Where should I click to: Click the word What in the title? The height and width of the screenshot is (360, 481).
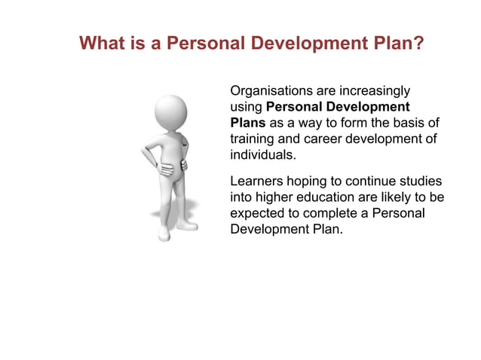[x=103, y=44]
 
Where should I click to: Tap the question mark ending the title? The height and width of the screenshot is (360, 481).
[x=418, y=44]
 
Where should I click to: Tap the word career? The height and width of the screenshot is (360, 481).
[x=322, y=139]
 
